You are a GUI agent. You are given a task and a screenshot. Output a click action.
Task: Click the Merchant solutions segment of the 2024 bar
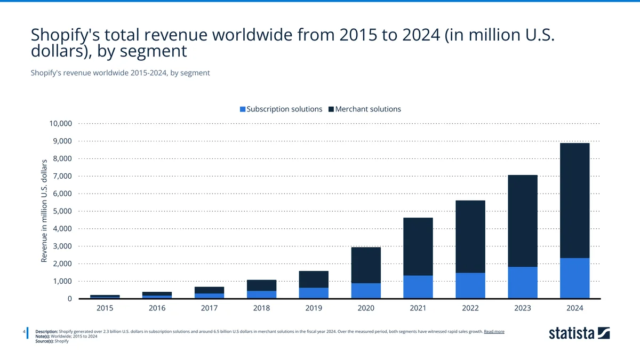(574, 201)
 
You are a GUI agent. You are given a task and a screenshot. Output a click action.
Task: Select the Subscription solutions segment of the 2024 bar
(574, 278)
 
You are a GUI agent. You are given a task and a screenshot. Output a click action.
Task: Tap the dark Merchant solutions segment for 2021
(418, 246)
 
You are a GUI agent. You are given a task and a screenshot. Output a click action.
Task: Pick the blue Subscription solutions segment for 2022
(470, 286)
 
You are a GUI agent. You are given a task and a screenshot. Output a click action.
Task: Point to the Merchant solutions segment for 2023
(522, 221)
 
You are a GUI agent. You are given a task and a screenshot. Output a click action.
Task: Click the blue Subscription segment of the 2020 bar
(365, 291)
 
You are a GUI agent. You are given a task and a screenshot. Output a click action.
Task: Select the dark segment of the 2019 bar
(313, 279)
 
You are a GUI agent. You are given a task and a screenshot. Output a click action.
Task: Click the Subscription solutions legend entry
(281, 109)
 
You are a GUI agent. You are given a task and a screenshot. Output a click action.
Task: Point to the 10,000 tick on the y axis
(60, 124)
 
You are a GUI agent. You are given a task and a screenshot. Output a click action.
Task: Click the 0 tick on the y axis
(69, 299)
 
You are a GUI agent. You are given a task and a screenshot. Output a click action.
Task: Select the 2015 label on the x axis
(105, 308)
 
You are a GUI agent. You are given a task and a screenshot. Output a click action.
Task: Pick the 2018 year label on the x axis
(261, 308)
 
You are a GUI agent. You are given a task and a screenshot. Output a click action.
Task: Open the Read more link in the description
(494, 332)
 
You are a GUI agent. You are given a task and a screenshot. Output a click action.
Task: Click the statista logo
(579, 333)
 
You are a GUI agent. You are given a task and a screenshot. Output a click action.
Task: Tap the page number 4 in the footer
(25, 332)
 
